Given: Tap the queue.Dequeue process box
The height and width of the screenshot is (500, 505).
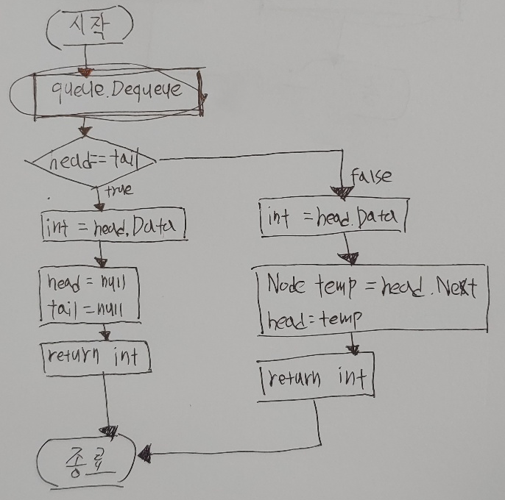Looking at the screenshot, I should tap(118, 92).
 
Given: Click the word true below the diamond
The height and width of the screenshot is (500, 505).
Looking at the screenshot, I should tap(119, 190).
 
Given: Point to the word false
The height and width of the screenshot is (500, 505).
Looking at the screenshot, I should tap(371, 176).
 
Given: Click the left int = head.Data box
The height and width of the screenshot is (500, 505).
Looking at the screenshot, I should tap(113, 226).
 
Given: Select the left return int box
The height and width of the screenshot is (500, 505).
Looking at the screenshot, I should tap(94, 358).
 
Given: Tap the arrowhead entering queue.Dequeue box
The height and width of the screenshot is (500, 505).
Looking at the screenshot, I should tap(85, 72).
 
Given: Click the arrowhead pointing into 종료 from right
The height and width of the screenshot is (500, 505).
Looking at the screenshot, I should tap(144, 456).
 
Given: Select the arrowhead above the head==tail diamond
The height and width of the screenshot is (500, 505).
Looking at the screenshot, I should tap(85, 132).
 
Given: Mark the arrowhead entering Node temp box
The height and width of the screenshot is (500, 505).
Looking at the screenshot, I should tap(350, 257).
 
